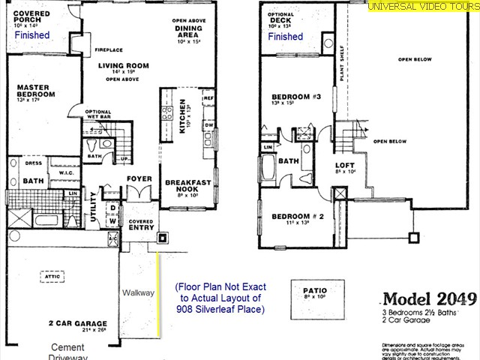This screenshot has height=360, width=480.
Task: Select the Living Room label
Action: coord(123,66)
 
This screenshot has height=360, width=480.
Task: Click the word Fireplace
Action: coord(108,51)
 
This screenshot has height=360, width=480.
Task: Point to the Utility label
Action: coord(93,204)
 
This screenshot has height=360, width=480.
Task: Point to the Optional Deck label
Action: coord(280,18)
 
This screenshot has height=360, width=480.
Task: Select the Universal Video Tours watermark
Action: coord(422,7)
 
